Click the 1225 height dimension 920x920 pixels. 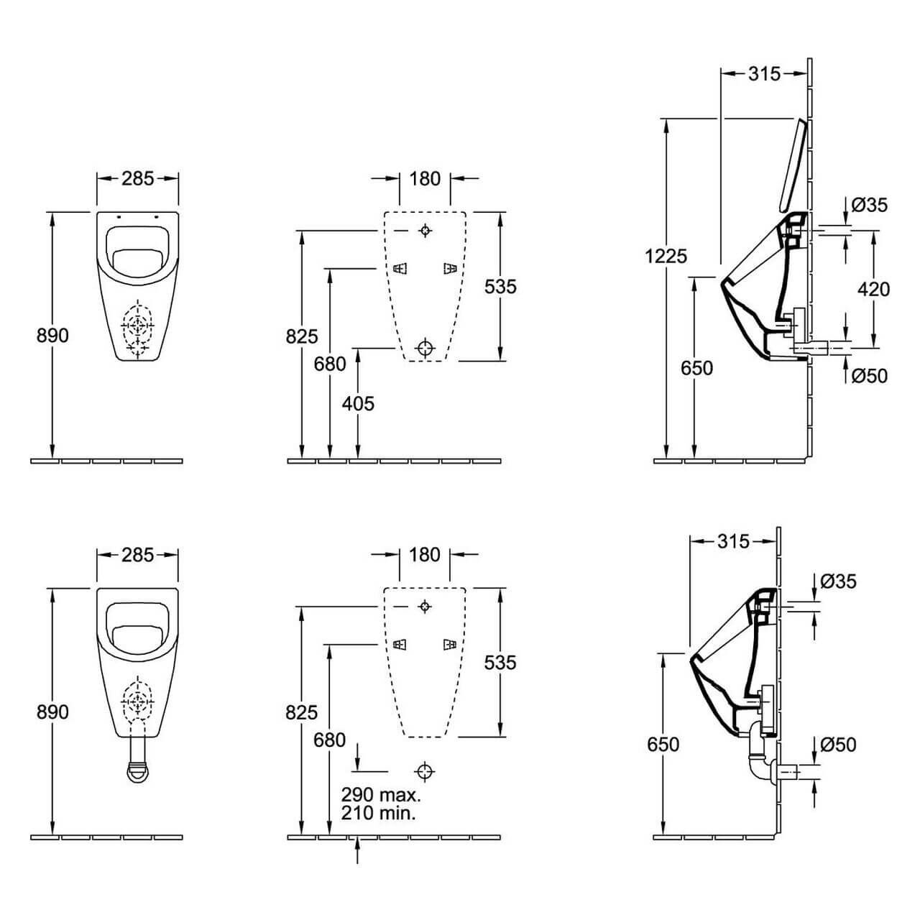[x=666, y=256]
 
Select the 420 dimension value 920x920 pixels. [x=873, y=289]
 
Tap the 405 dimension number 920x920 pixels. [x=358, y=403]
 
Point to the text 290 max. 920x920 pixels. [x=381, y=795]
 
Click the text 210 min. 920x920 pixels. [x=379, y=813]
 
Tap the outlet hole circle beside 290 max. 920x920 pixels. [x=425, y=771]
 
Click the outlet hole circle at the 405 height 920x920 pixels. [x=425, y=348]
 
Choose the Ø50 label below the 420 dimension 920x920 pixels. [x=869, y=375]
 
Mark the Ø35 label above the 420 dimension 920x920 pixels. [x=869, y=206]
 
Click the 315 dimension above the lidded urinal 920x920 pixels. [x=764, y=73]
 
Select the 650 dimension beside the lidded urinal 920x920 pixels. [x=696, y=368]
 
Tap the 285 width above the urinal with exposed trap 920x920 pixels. [x=137, y=554]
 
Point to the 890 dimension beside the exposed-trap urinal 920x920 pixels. [x=52, y=712]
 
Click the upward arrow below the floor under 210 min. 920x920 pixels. [x=358, y=854]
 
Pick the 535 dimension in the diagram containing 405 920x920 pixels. [x=500, y=286]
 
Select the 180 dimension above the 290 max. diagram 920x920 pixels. [x=425, y=554]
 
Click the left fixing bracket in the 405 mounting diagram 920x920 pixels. [x=400, y=269]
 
